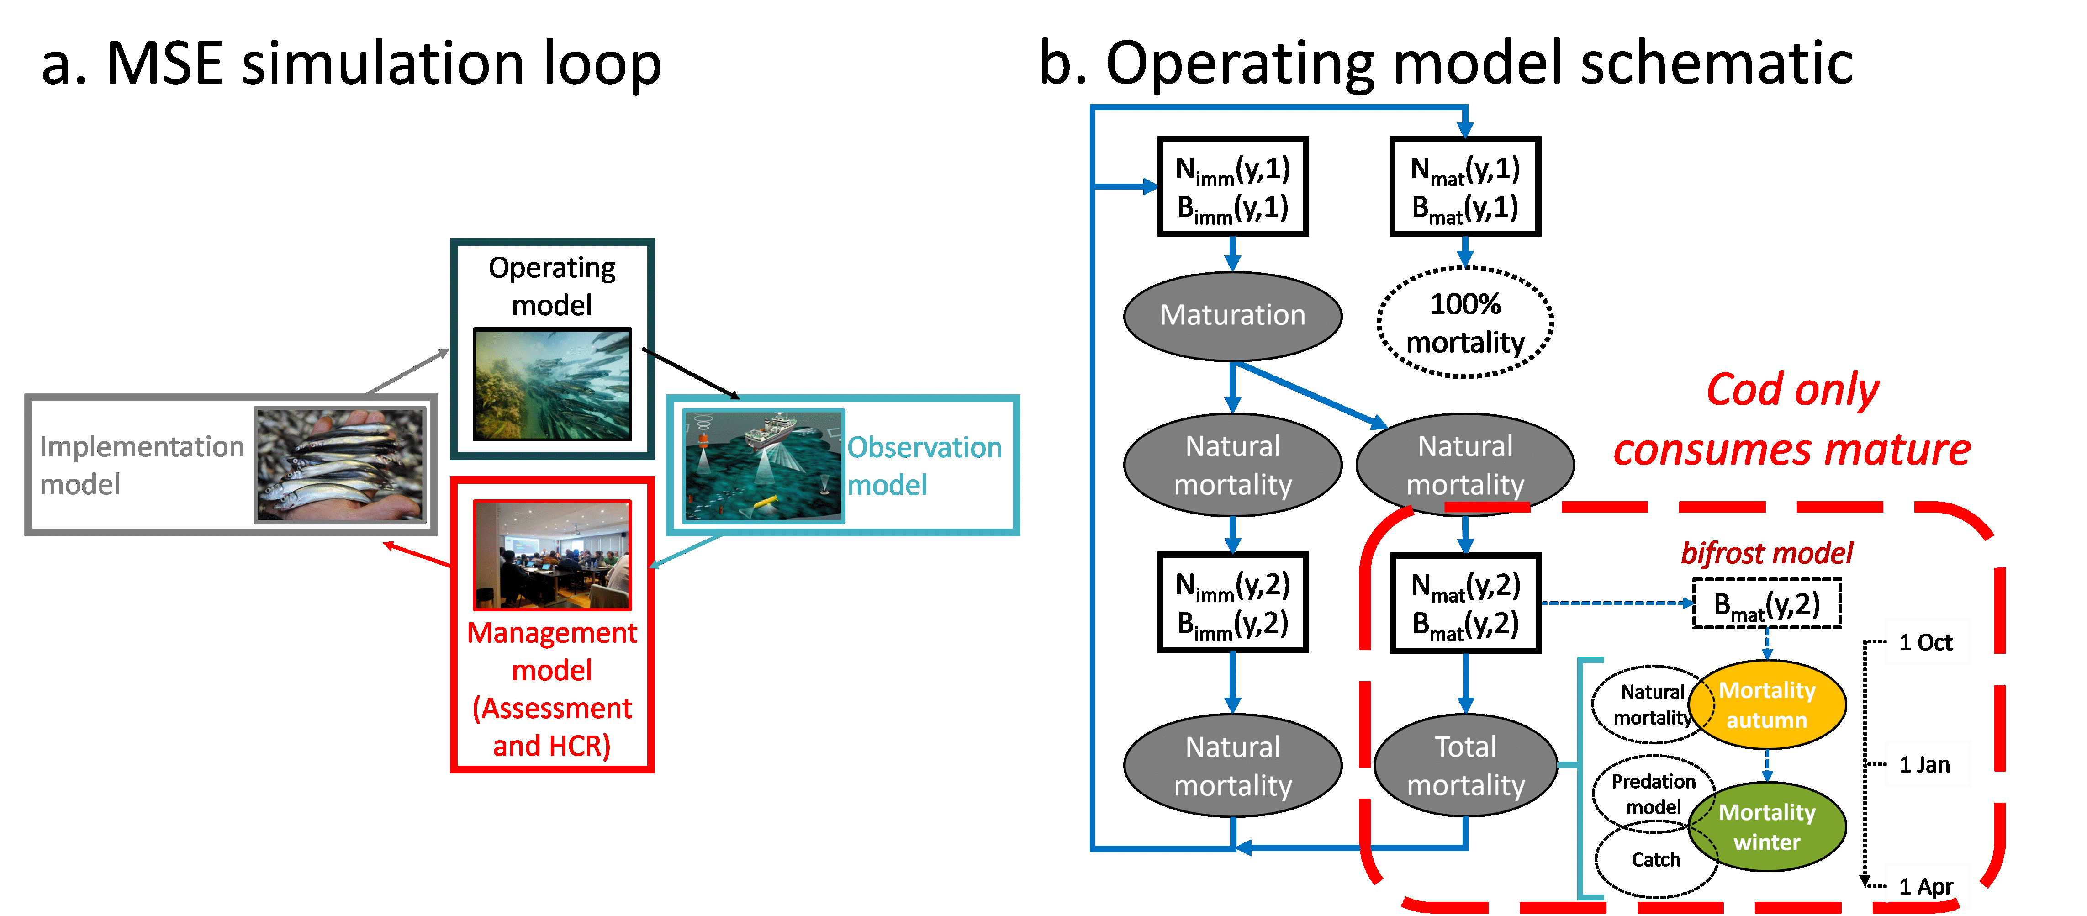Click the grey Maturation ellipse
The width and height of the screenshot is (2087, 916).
[1232, 315]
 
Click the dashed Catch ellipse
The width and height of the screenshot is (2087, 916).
[1655, 861]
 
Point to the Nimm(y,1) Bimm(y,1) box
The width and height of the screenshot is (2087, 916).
[1232, 187]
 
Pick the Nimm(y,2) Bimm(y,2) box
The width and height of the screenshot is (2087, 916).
[1232, 603]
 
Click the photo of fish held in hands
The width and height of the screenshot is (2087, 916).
[339, 465]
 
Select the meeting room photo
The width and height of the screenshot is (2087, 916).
[552, 555]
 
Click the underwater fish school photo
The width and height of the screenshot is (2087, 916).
[552, 384]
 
